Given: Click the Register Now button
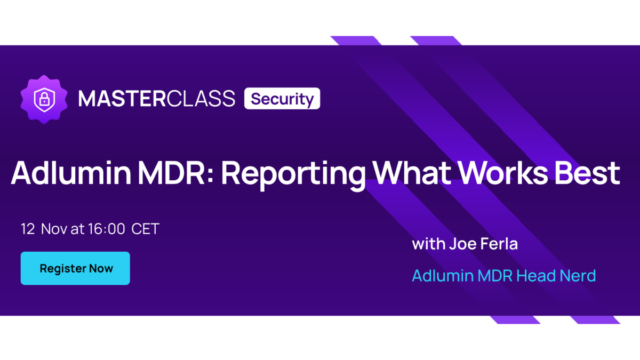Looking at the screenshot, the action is pyautogui.click(x=75, y=268).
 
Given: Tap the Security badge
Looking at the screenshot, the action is pyautogui.click(x=282, y=99).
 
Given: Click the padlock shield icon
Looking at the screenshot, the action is pyautogui.click(x=44, y=99).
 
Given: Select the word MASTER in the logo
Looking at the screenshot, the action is pyautogui.click(x=122, y=99).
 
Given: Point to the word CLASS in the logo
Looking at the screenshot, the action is pyautogui.click(x=201, y=99).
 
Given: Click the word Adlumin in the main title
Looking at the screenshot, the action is pyautogui.click(x=71, y=173).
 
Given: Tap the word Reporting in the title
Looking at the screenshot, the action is pyautogui.click(x=293, y=175).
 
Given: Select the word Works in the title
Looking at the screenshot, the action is pyautogui.click(x=502, y=173).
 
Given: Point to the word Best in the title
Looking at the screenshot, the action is pyautogui.click(x=587, y=173).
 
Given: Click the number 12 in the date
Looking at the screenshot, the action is pyautogui.click(x=28, y=229).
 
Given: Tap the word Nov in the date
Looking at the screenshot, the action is pyautogui.click(x=54, y=229).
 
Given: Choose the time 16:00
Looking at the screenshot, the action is pyautogui.click(x=106, y=229).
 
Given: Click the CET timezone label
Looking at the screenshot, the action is pyautogui.click(x=145, y=229).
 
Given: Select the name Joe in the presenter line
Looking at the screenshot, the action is pyautogui.click(x=462, y=244).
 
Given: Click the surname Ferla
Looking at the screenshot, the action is pyautogui.click(x=499, y=244).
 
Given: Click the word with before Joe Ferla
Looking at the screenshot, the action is pyautogui.click(x=429, y=244).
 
